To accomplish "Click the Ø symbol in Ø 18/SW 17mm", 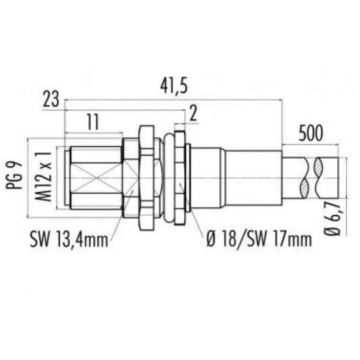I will [x=210, y=240].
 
